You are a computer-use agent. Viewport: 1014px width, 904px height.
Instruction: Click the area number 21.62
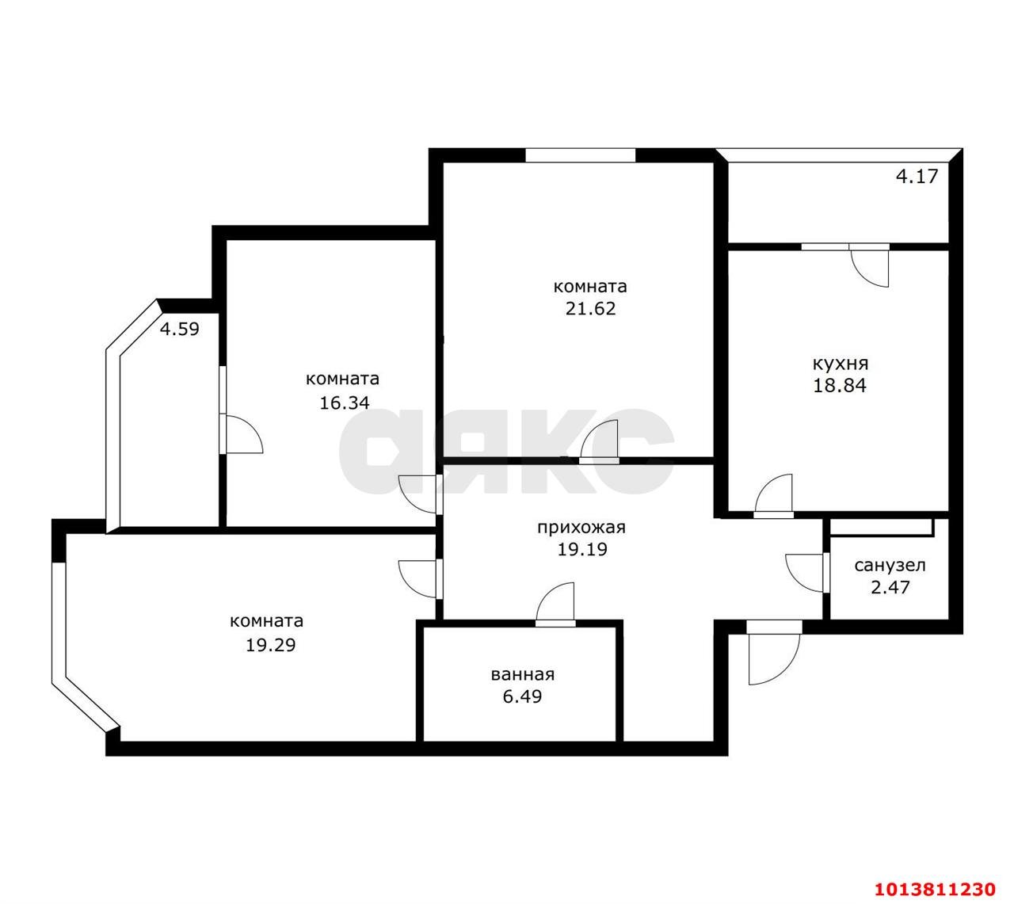[x=591, y=308]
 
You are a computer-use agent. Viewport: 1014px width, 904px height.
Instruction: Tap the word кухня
[x=840, y=364]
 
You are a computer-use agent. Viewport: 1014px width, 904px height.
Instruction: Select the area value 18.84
[x=840, y=386]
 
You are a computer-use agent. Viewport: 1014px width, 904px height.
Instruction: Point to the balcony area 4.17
[x=917, y=176]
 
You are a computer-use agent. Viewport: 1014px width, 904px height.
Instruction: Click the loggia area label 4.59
[x=179, y=329]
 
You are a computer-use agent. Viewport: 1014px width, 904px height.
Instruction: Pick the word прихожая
[x=581, y=528]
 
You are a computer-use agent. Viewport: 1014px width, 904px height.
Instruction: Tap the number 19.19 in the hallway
[x=582, y=550]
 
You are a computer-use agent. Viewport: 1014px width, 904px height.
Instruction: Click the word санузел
[x=890, y=566]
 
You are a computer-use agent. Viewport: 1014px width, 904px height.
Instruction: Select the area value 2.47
[x=890, y=587]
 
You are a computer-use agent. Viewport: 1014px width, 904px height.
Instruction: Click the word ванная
[x=523, y=675]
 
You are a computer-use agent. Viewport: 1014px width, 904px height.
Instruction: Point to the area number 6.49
[x=523, y=696]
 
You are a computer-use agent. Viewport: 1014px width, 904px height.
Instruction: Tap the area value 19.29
[x=270, y=645]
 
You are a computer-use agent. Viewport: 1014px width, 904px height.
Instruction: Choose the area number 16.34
[x=345, y=402]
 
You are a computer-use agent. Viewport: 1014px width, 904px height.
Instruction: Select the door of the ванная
[x=555, y=605]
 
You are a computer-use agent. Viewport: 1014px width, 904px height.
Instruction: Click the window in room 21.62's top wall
[x=580, y=155]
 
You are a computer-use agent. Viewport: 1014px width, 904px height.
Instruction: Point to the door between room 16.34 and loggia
[x=241, y=434]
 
